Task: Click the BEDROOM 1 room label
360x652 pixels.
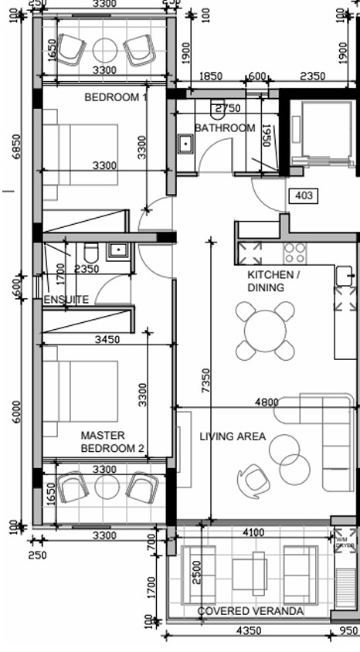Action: point(116,98)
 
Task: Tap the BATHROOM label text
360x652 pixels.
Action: point(224,128)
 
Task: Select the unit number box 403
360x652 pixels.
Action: point(304,196)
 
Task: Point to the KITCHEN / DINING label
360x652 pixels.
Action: point(273,281)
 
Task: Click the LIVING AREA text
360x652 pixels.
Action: point(233,437)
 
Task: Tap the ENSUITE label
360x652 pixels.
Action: point(66,300)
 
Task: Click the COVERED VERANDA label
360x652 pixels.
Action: point(250,611)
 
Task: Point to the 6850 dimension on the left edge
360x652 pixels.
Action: point(16,146)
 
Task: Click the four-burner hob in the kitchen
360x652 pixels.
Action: point(294,252)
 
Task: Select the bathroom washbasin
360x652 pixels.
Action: point(185,144)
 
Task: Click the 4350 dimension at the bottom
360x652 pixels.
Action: point(251,631)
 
